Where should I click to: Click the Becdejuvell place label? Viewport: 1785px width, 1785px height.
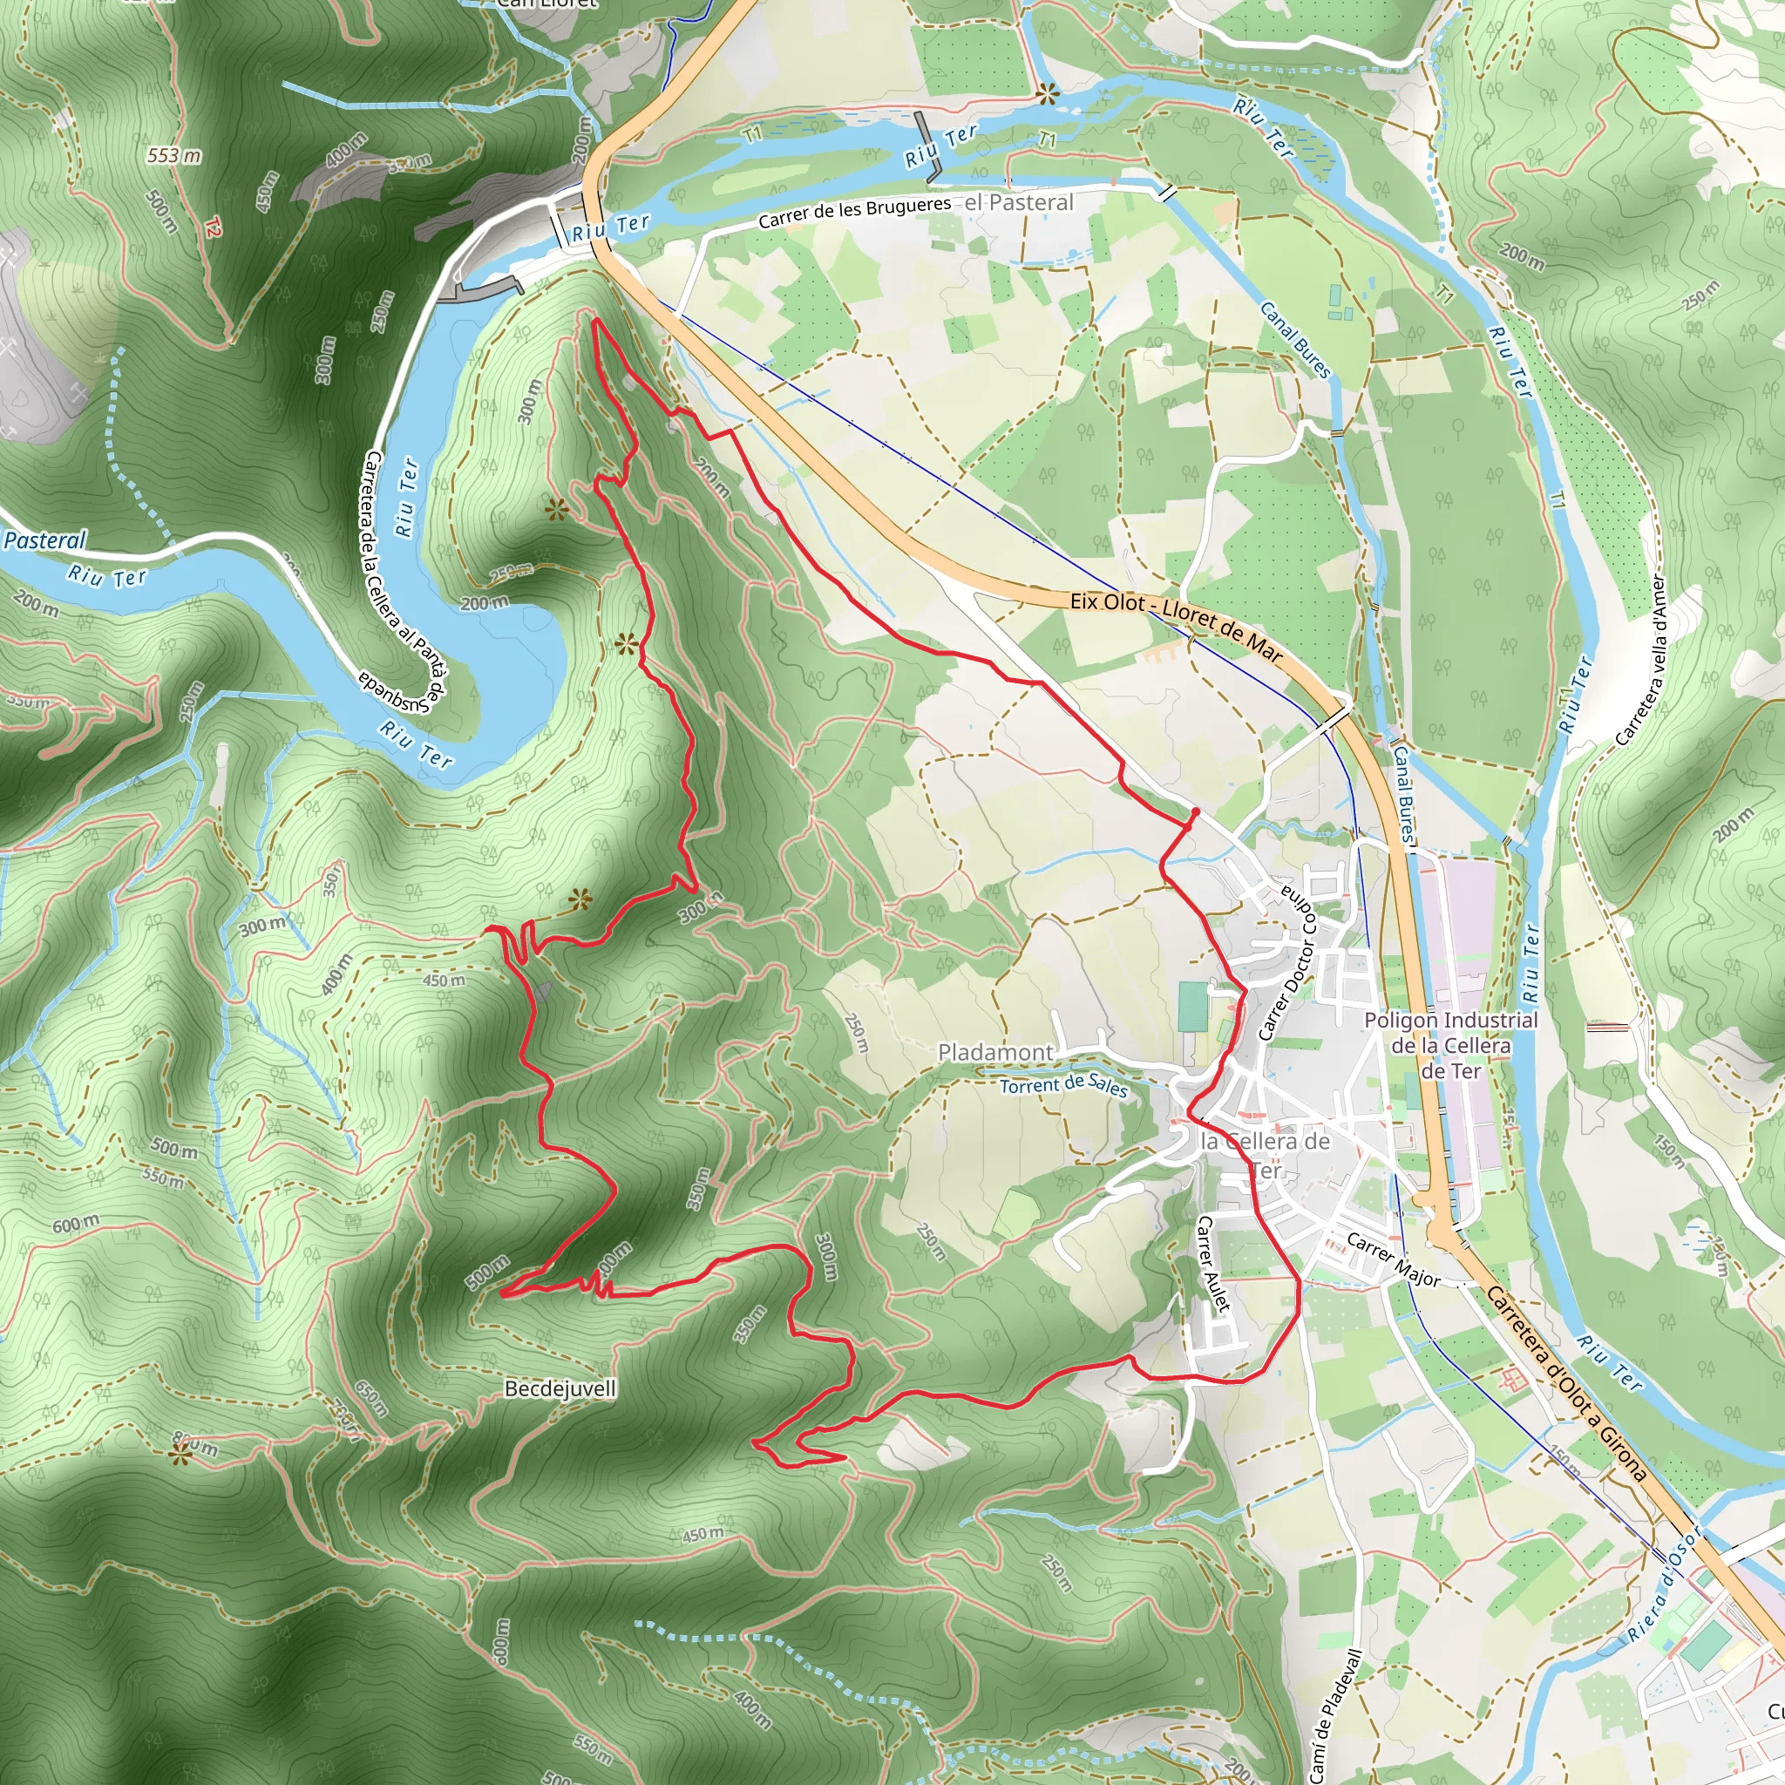click(560, 1388)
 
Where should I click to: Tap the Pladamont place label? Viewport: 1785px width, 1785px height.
click(995, 1052)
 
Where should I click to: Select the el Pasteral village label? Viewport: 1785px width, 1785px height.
click(1019, 202)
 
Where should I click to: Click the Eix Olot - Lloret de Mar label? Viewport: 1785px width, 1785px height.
click(1176, 627)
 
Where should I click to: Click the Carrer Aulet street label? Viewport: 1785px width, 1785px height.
click(1213, 1262)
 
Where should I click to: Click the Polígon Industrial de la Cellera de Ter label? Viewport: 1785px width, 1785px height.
click(1450, 1045)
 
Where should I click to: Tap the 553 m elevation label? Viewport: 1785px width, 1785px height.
click(173, 155)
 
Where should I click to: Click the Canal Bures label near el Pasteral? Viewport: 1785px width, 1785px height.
click(1296, 339)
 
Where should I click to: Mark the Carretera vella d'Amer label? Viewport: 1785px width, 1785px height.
click(1641, 660)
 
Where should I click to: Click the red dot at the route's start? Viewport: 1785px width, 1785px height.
click(1196, 812)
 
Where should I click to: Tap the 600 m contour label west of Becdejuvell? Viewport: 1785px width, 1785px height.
click(76, 1225)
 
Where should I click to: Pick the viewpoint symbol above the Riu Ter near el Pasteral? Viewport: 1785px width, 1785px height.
click(1047, 92)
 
